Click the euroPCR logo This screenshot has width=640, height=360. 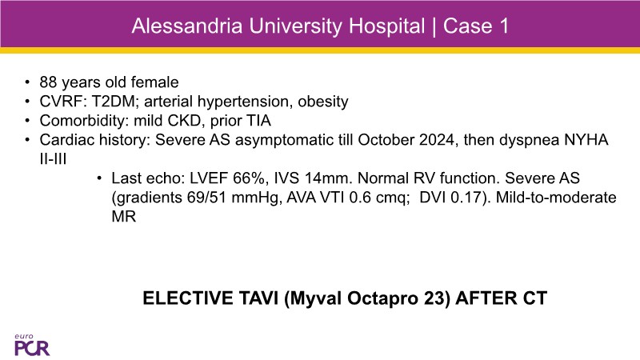click(x=32, y=345)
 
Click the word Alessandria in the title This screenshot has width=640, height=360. click(x=187, y=26)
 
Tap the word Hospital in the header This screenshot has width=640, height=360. click(x=386, y=27)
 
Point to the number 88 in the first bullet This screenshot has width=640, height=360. click(x=48, y=82)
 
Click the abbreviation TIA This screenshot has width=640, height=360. click(x=258, y=121)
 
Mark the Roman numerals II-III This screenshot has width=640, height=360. click(x=53, y=159)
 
